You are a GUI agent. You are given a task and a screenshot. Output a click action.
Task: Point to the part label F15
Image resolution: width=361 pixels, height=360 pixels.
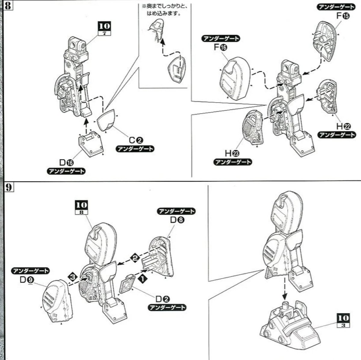343,16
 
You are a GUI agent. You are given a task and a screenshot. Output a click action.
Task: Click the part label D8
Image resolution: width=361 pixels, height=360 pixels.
177,220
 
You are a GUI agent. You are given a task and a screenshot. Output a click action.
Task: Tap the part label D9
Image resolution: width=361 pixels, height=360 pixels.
27,280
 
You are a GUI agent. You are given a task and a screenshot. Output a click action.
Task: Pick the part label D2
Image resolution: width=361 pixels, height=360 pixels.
163,299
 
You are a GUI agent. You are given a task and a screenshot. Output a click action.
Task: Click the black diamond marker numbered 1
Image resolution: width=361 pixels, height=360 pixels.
143,278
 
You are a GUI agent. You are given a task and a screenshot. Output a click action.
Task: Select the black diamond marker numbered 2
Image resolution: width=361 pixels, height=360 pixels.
134,257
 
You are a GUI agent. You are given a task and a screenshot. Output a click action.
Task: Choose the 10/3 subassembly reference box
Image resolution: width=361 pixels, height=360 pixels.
343,321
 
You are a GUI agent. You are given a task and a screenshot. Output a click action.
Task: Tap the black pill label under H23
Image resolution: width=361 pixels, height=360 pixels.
233,162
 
